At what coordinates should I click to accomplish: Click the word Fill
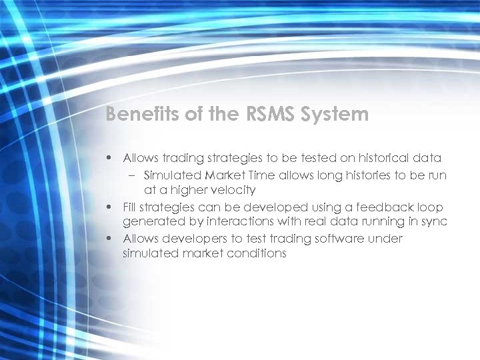click(131, 207)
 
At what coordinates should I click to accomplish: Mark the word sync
click(433, 222)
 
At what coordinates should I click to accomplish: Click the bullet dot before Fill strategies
click(109, 207)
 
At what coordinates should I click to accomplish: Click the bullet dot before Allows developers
click(109, 239)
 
